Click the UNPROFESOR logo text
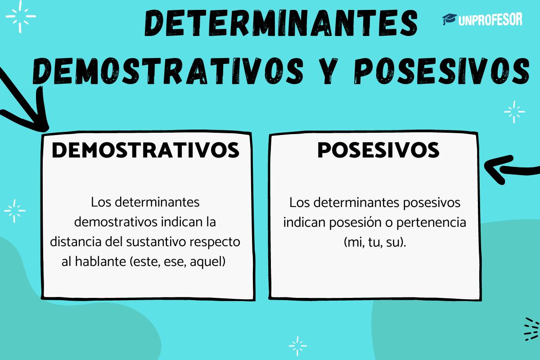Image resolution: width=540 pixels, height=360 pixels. click(x=490, y=19)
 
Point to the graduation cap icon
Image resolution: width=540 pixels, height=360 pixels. click(x=449, y=19)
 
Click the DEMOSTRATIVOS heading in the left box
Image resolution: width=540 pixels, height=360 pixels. click(x=145, y=150)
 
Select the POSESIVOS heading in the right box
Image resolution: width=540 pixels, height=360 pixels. click(x=378, y=150)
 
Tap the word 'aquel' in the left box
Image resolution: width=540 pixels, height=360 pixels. click(x=207, y=261)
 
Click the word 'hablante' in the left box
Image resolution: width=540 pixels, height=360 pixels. click(x=102, y=261)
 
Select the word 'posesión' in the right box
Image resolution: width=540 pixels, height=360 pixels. click(x=353, y=222)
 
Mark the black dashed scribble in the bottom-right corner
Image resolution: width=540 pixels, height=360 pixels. click(x=531, y=328)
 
